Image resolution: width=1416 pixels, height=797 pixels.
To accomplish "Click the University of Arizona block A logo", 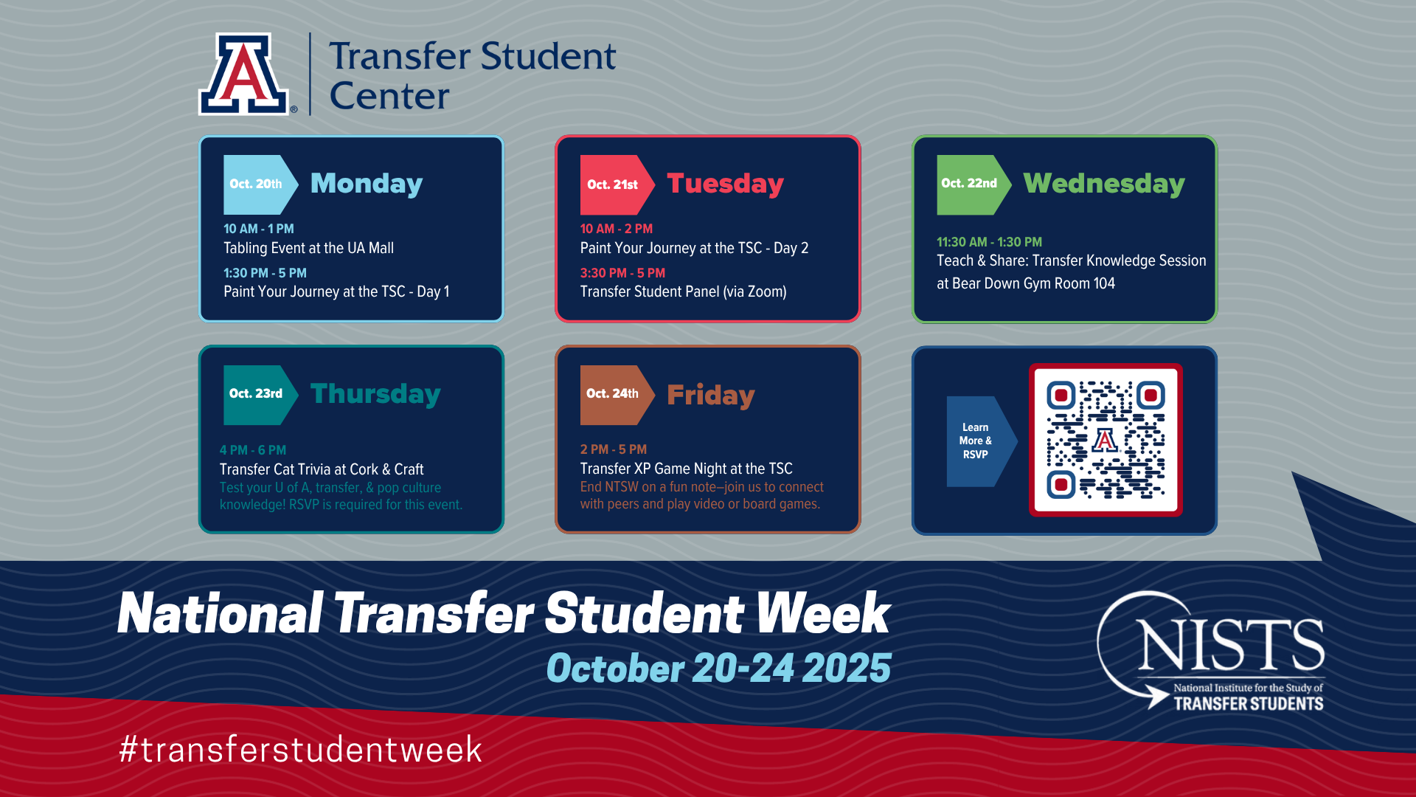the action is coord(243,74).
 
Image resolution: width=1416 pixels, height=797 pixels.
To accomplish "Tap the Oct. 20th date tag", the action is coord(260,184).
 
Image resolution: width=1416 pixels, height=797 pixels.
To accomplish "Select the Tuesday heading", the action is coord(725,184).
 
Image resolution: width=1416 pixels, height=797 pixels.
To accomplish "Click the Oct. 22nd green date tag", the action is coord(974,184).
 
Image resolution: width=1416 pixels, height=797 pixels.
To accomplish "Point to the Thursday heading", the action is coord(375,394).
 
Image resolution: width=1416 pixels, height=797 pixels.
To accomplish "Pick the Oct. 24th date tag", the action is coord(617,395).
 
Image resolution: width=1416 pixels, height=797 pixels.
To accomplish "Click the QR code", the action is coord(1106,440).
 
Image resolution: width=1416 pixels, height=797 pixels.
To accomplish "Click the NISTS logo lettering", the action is coord(1230,644).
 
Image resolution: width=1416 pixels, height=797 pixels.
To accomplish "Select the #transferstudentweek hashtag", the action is coord(300,750).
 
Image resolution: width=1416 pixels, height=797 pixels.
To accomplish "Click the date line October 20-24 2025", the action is coord(718,668).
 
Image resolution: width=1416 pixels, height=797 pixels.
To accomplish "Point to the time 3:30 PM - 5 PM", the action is coord(622,273).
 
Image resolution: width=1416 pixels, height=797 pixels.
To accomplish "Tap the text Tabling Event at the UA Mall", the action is coord(308,248).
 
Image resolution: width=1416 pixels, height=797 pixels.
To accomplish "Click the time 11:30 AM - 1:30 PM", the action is coord(989,242).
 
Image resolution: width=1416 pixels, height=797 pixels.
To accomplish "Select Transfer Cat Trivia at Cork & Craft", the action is coord(322,469).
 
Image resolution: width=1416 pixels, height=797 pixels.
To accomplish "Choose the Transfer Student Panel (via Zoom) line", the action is coord(683,292).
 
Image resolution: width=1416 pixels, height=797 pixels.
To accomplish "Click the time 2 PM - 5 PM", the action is coord(613,449).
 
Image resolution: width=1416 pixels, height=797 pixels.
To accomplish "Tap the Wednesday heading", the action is coord(1104,184).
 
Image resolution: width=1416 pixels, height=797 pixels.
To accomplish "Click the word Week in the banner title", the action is coord(823,613).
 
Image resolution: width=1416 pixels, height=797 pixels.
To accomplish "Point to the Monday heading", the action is coord(367,184).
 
